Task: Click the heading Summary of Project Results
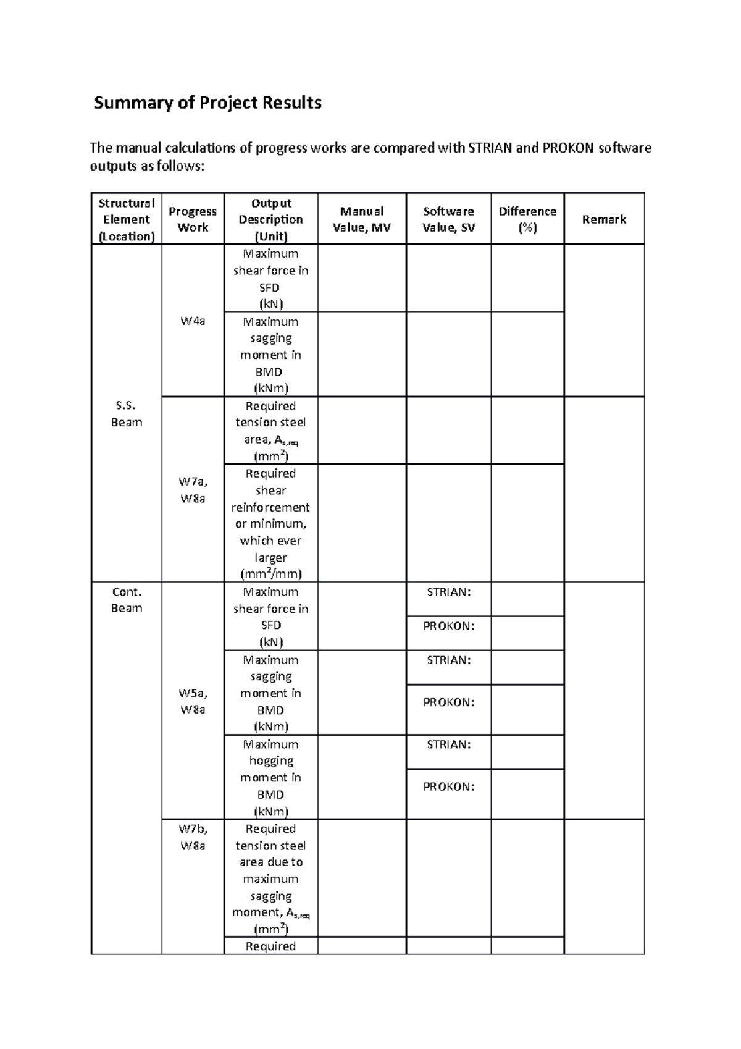point(207,103)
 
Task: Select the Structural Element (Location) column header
point(127,219)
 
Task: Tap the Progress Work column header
point(193,219)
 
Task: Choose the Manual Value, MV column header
point(362,219)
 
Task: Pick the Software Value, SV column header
point(448,219)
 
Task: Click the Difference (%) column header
point(527,219)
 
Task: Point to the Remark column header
point(604,219)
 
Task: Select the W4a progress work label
point(193,321)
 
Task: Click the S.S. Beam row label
point(127,414)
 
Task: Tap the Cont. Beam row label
point(127,600)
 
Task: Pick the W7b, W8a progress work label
point(193,837)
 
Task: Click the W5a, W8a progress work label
point(193,701)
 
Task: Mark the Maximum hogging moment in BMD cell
point(270,778)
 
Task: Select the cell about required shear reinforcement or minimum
point(270,523)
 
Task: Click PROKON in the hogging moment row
point(448,786)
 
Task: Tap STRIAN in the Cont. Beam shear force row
point(448,592)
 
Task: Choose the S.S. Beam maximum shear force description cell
point(270,279)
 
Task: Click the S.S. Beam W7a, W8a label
point(193,490)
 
